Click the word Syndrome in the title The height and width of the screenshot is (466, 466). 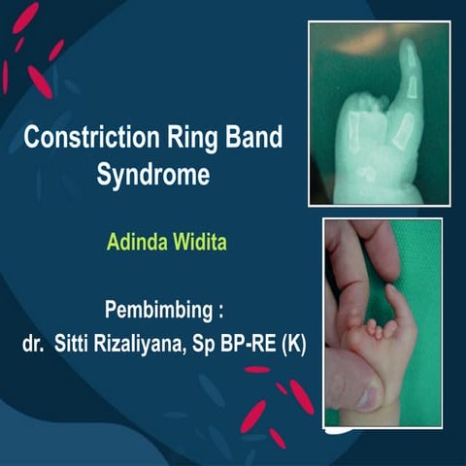click(152, 176)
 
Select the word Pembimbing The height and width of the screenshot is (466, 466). click(155, 313)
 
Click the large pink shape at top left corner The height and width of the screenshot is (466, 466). click(24, 17)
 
